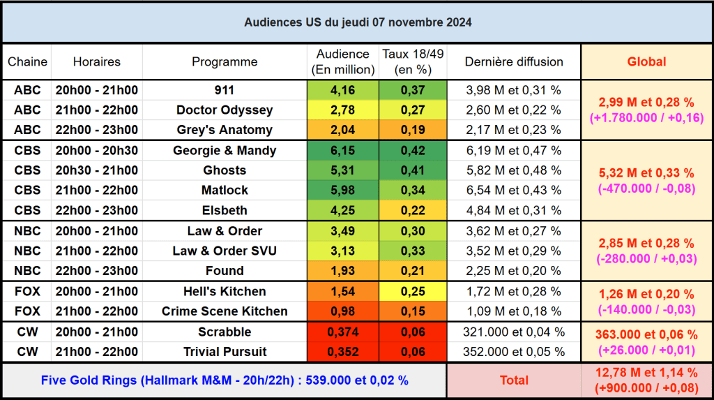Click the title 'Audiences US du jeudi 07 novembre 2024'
click(357, 22)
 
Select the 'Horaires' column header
click(96, 61)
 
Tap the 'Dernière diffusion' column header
click(514, 61)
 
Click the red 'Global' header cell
click(646, 61)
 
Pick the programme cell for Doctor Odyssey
click(225, 110)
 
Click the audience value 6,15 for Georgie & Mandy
click(342, 151)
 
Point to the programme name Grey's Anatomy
click(225, 130)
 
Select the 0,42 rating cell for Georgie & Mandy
click(413, 151)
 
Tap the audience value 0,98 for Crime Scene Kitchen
click(342, 311)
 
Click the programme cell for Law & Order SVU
click(225, 251)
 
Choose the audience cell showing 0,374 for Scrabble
click(342, 332)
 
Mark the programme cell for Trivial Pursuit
click(225, 352)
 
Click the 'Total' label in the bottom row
click(514, 380)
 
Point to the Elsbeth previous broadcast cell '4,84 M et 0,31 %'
click(514, 210)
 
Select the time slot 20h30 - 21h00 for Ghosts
click(96, 170)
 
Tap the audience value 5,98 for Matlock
click(342, 190)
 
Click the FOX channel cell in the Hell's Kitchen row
click(27, 291)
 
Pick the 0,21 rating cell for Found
click(413, 271)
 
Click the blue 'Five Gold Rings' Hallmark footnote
click(225, 380)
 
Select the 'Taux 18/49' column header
click(413, 61)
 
